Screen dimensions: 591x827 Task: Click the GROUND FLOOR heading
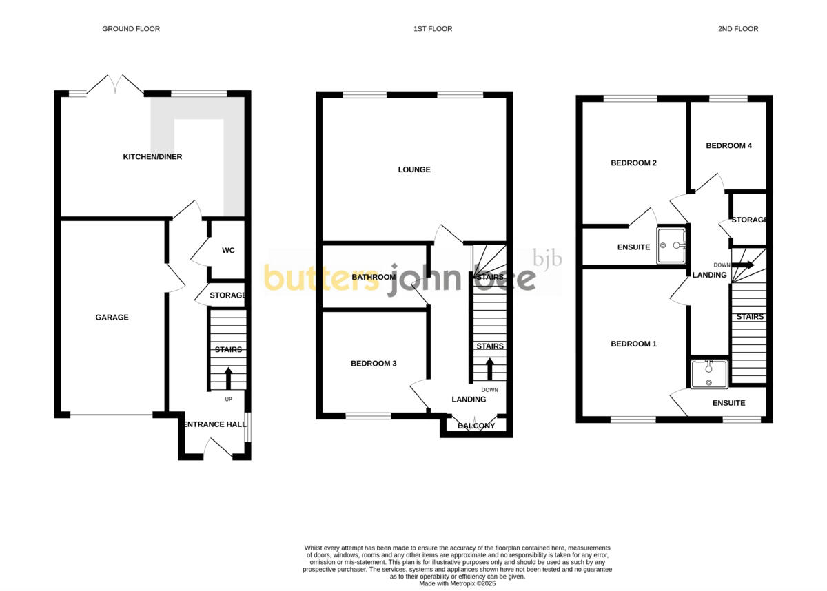131,29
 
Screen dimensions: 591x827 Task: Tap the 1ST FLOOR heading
433,29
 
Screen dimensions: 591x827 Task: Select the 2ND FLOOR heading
737,29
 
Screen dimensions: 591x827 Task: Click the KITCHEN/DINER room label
152,157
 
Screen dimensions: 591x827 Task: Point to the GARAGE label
112,318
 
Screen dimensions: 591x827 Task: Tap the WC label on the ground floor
228,251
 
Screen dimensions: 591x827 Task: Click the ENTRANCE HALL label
215,424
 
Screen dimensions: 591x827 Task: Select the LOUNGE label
414,169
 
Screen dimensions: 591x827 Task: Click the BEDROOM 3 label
374,364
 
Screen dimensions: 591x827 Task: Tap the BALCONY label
476,426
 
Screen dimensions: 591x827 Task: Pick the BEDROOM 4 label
728,146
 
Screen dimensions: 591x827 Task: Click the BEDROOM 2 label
633,163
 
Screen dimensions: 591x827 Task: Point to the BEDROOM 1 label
633,344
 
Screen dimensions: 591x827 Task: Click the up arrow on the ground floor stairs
228,378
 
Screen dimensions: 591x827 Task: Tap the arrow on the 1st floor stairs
489,368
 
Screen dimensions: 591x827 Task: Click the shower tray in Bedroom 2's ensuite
673,245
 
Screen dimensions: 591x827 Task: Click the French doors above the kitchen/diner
116,85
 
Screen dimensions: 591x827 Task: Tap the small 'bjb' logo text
549,259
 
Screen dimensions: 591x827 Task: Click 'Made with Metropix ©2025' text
458,583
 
